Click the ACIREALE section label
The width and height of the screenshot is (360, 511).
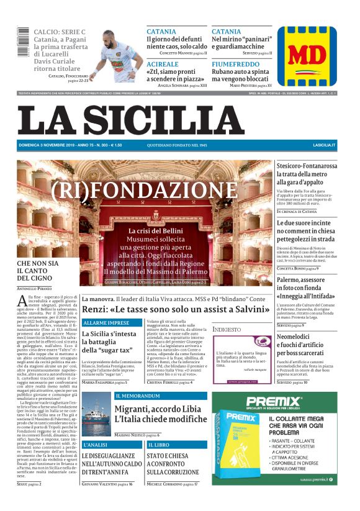pyautogui.click(x=162, y=64)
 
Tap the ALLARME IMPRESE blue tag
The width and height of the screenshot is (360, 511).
pyautogui.click(x=106, y=323)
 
